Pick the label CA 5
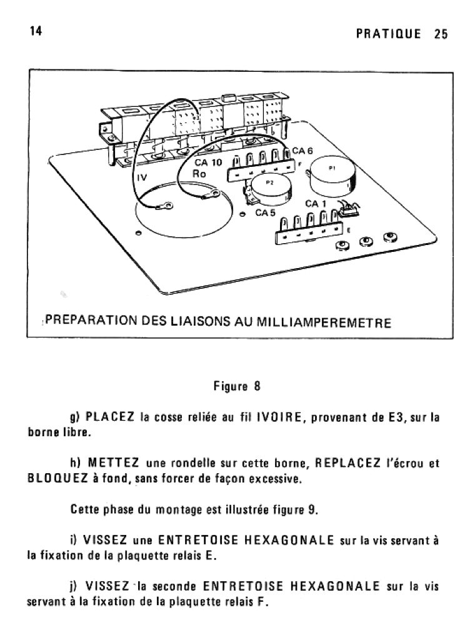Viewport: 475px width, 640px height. (x=265, y=212)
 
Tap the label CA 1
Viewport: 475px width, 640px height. (x=316, y=203)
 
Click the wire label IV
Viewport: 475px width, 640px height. (x=142, y=177)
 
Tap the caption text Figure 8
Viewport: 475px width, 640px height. (x=236, y=386)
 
